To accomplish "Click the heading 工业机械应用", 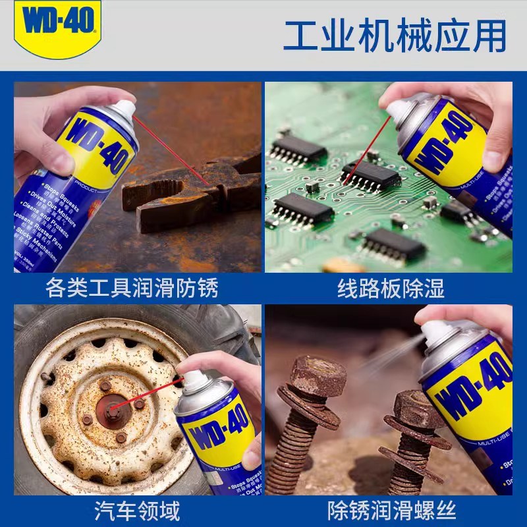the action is pos(395,36).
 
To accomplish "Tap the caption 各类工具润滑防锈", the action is pos(132,289).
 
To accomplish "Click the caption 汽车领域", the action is pos(132,511).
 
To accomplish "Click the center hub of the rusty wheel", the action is pos(112,412).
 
